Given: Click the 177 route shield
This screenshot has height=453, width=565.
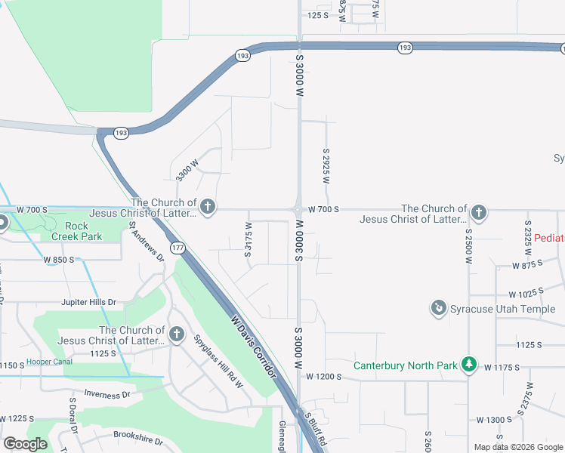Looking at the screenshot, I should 177,248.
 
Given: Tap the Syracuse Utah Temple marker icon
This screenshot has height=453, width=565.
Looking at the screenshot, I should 438,308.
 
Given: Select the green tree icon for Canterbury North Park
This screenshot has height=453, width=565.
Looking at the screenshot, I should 469,365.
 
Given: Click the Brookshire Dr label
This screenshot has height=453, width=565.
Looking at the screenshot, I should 139,436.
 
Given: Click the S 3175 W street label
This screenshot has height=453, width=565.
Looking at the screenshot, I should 248,239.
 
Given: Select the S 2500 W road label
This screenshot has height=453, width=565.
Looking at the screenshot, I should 469,246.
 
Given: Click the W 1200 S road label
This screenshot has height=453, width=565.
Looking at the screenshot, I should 326,375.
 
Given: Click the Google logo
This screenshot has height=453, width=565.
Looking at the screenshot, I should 26,444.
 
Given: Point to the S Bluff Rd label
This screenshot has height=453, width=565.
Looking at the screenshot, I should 316,430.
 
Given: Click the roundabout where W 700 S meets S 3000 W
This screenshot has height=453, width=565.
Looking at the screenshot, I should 299,210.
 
